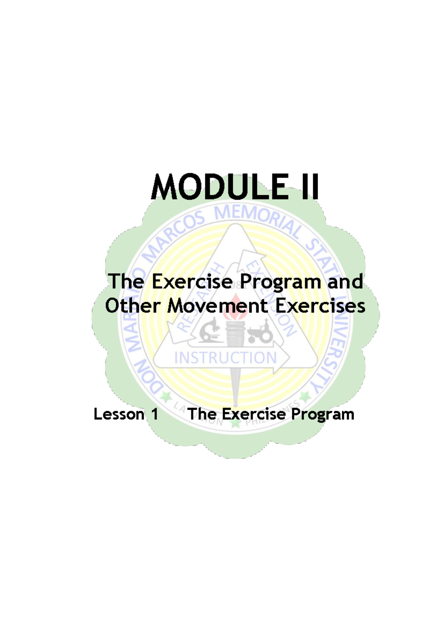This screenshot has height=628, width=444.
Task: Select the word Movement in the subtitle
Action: click(x=218, y=306)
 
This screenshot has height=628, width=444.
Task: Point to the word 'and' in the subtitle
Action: click(x=345, y=281)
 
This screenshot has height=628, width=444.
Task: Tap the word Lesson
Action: click(x=119, y=414)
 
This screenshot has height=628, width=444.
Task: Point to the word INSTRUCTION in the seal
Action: click(x=225, y=358)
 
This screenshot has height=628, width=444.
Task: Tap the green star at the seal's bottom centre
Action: click(x=235, y=423)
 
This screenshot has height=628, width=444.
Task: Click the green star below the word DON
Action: click(x=166, y=397)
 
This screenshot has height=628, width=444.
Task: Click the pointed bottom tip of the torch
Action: click(x=235, y=404)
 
